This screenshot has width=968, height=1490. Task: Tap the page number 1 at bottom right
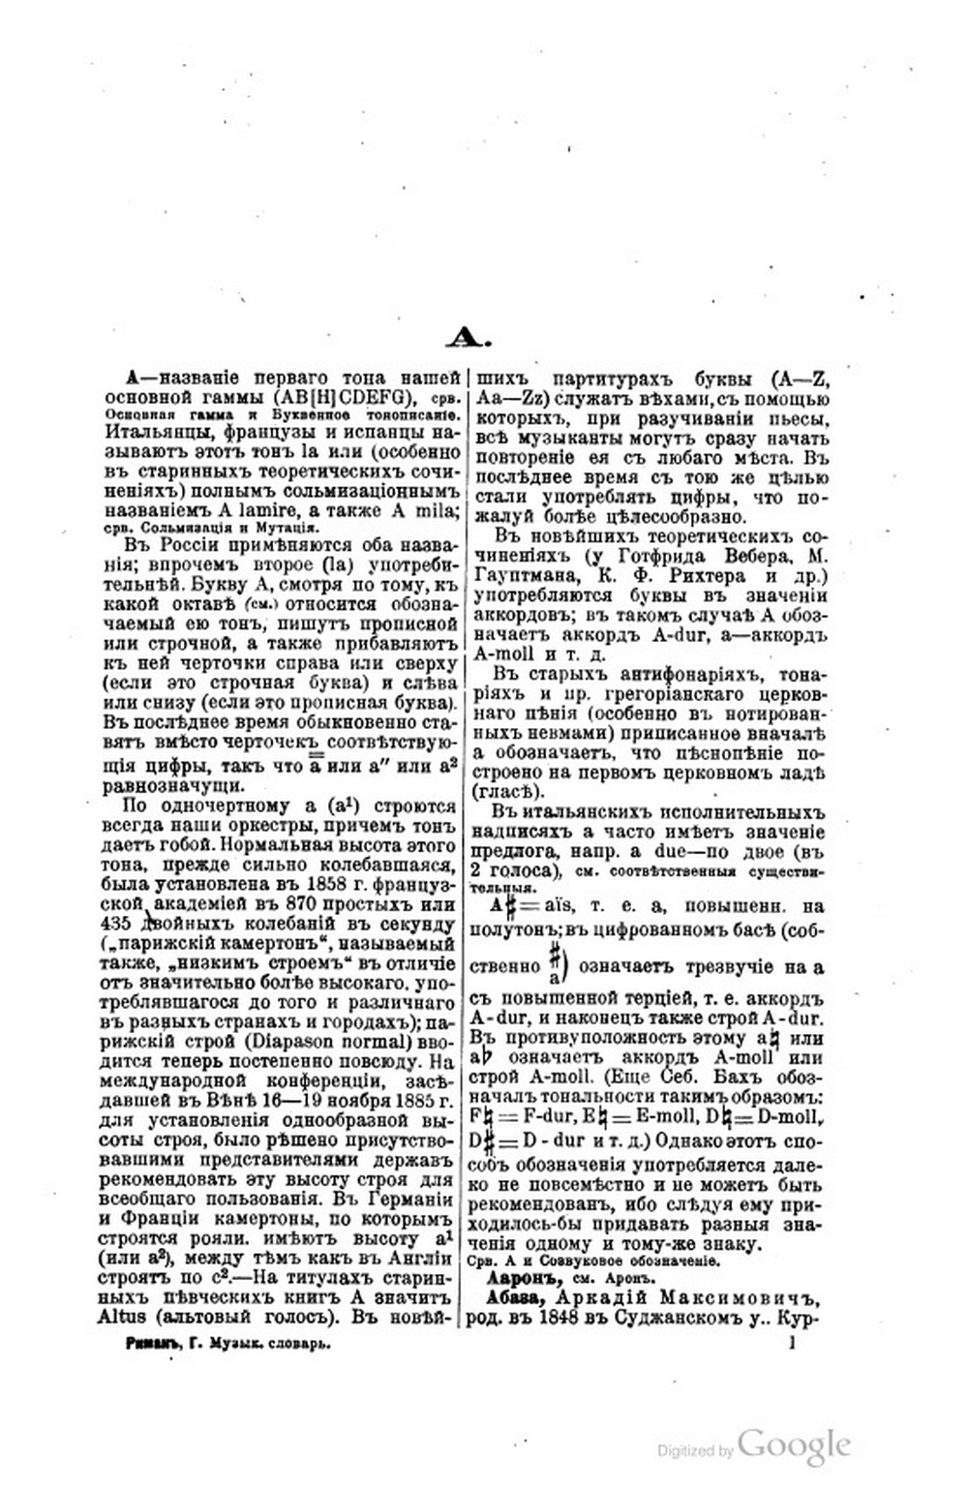click(793, 1344)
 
